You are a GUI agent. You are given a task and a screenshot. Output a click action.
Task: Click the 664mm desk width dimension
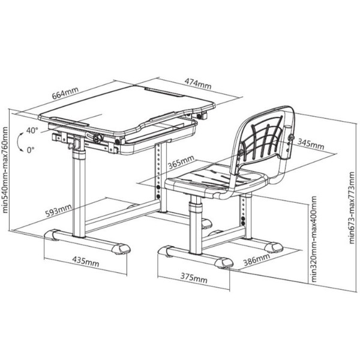pos(65,93)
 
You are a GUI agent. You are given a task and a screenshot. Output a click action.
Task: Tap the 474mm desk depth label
pos(198,83)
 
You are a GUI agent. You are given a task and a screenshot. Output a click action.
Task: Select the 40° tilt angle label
pos(32,130)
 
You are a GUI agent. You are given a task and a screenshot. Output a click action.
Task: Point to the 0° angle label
pos(31,150)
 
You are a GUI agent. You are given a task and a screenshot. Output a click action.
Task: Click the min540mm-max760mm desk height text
pos(5,170)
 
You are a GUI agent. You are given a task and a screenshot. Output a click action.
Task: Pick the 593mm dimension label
pos(59,210)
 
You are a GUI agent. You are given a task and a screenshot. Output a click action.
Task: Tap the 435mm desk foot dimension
pos(86,262)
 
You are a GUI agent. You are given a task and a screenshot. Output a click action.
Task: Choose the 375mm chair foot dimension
pos(194,278)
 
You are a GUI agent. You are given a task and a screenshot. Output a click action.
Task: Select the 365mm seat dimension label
pos(181,162)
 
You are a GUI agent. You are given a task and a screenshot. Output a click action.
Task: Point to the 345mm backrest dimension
pos(311,144)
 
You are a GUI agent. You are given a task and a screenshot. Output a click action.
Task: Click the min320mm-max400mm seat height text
pos(313,239)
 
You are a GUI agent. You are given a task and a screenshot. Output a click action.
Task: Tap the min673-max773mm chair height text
pos(352,208)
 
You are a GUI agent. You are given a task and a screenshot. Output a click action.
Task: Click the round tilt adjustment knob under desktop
pos(98,137)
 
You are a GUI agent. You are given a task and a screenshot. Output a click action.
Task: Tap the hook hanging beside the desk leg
pos(73,144)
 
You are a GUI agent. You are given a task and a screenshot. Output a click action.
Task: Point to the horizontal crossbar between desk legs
pos(122,215)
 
